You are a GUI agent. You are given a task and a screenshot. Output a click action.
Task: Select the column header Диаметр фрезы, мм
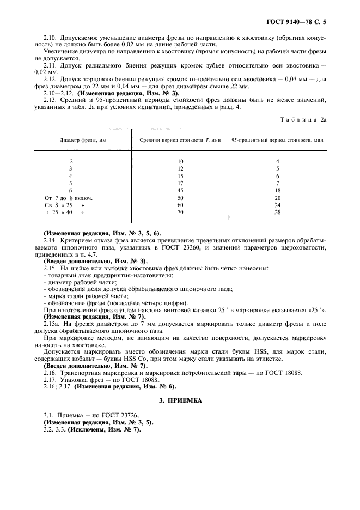[x=83, y=140]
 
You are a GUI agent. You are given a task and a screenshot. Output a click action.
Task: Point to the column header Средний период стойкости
[x=179, y=140]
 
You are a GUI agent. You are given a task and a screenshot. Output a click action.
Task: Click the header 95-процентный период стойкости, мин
[x=278, y=140]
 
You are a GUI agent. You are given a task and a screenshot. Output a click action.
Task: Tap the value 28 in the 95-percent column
[x=277, y=211]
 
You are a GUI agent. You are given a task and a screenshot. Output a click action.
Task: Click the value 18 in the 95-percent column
[x=277, y=190]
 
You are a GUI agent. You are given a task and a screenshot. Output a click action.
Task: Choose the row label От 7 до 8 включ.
[x=69, y=197]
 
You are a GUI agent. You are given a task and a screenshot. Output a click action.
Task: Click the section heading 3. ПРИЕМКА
[x=180, y=400]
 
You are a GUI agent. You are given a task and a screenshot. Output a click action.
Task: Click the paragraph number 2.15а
[x=51, y=324]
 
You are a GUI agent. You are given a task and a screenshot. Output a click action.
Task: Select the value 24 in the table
[x=277, y=204]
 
